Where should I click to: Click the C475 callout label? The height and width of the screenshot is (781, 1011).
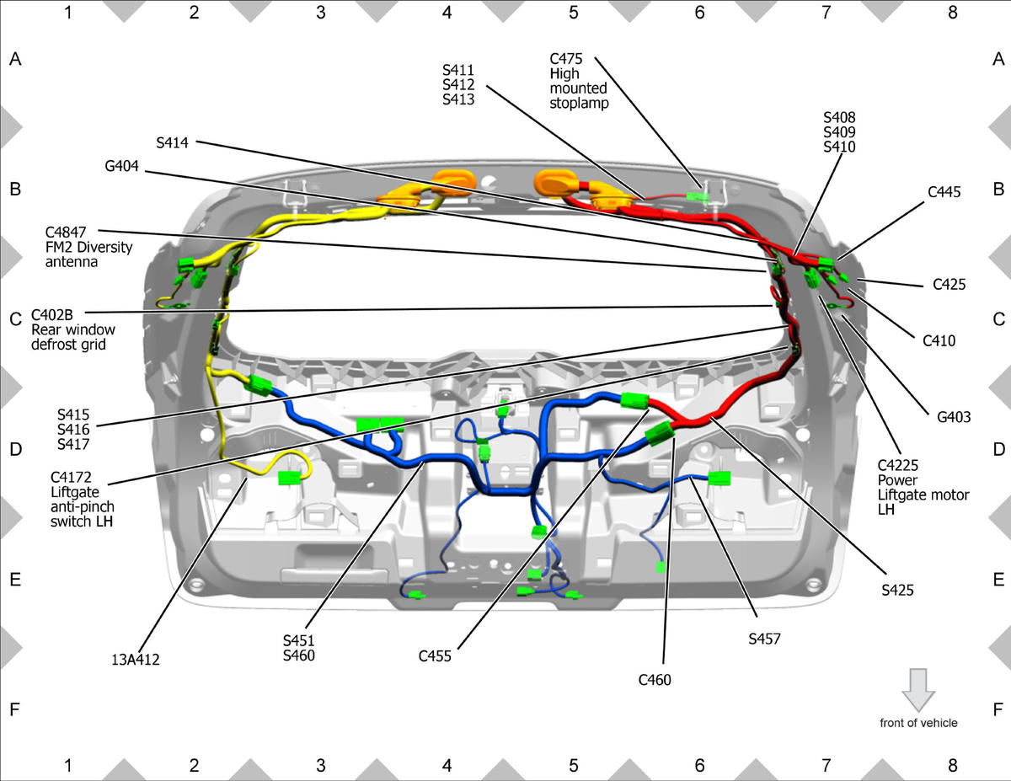click(566, 59)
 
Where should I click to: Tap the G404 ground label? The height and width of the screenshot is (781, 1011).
click(121, 166)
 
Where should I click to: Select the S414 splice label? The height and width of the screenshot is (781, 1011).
click(172, 142)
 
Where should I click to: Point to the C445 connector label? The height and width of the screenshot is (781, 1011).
click(944, 192)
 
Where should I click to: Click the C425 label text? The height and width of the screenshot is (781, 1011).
click(949, 284)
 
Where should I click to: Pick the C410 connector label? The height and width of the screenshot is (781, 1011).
click(939, 341)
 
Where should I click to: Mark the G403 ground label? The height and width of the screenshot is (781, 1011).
click(954, 417)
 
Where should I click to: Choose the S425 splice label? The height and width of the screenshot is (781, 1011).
click(897, 591)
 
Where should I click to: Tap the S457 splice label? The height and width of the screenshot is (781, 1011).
click(764, 639)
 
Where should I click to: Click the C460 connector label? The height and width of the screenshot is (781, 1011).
click(655, 680)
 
